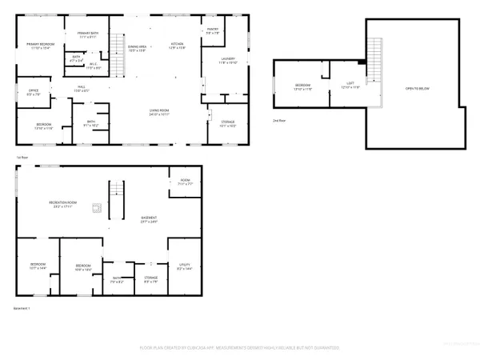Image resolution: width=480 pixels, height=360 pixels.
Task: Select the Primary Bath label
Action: [87, 34]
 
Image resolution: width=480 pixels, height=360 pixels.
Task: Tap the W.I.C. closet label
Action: [93, 64]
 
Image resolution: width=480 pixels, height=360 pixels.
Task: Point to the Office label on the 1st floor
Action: [34, 91]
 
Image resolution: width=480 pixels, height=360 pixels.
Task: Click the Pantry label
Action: [213, 30]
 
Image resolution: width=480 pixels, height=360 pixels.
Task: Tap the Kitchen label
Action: [177, 45]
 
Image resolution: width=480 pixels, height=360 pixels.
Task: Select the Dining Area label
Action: [138, 48]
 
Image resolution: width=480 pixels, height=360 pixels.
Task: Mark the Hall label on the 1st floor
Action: [82, 87]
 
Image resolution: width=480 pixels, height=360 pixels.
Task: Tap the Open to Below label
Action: [416, 88]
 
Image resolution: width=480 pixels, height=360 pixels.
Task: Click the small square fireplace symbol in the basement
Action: [95, 209]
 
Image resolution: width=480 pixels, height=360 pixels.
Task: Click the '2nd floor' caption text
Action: [278, 119]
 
